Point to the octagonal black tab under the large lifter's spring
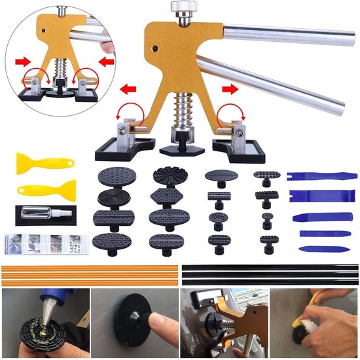pos(181,141)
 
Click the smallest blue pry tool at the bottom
pos(317,249)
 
